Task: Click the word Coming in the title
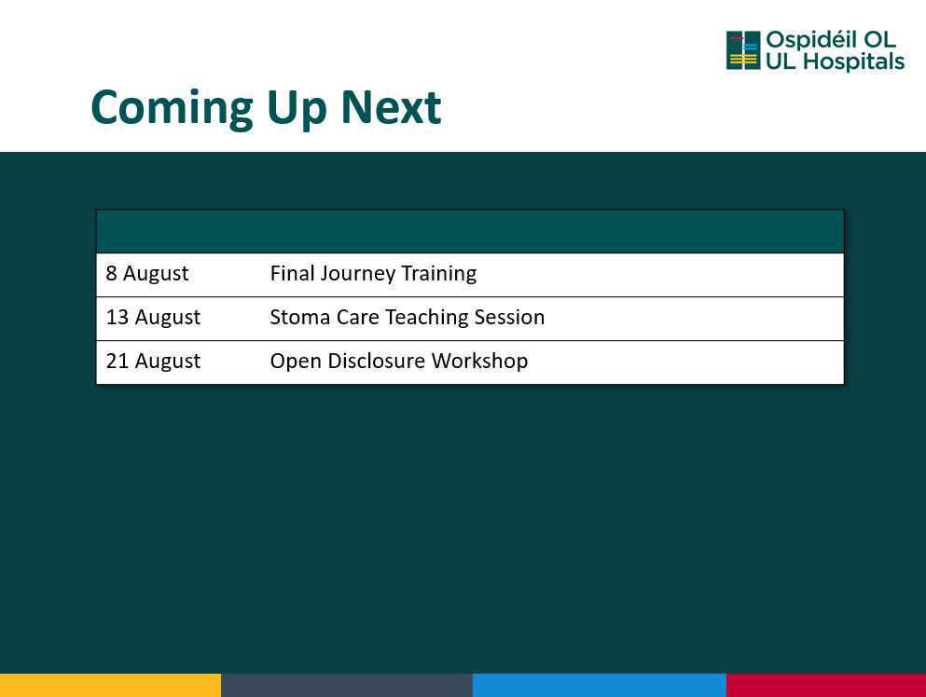[x=172, y=109]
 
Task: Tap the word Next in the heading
[x=391, y=107]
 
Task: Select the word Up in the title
[x=296, y=110]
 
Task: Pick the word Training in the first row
[x=439, y=274]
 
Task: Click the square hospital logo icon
[x=743, y=50]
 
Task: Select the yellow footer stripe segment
[x=110, y=685]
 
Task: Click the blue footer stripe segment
[x=600, y=685]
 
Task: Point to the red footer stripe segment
[x=826, y=685]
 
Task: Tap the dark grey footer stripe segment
[x=347, y=685]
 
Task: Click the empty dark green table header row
[x=470, y=231]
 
